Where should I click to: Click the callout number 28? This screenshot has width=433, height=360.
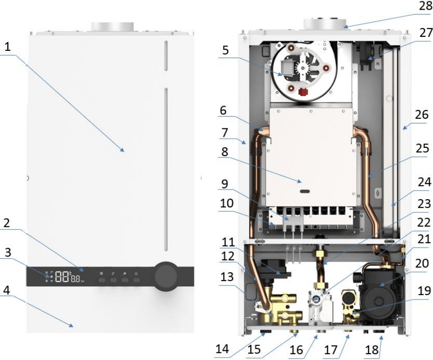[426, 6]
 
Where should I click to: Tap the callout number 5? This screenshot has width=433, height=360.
[225, 50]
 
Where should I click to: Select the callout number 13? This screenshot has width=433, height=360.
[227, 277]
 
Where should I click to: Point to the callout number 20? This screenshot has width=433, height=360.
[421, 263]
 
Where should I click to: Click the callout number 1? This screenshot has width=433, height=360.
[7, 47]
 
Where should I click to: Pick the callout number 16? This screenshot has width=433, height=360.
[296, 350]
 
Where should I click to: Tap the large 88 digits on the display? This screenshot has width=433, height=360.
[62, 276]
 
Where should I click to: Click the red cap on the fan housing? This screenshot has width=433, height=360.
[303, 92]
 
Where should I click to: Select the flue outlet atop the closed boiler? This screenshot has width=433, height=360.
[113, 27]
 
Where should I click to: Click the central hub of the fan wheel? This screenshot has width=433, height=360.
[303, 67]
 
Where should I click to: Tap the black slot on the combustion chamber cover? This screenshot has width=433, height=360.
[305, 191]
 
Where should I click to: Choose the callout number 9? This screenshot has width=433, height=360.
[225, 184]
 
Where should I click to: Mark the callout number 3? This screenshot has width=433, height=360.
[8, 252]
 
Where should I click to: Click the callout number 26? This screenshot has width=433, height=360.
[421, 114]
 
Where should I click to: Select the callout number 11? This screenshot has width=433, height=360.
[228, 242]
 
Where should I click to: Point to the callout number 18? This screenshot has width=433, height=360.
[371, 350]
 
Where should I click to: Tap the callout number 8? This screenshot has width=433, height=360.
[225, 152]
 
